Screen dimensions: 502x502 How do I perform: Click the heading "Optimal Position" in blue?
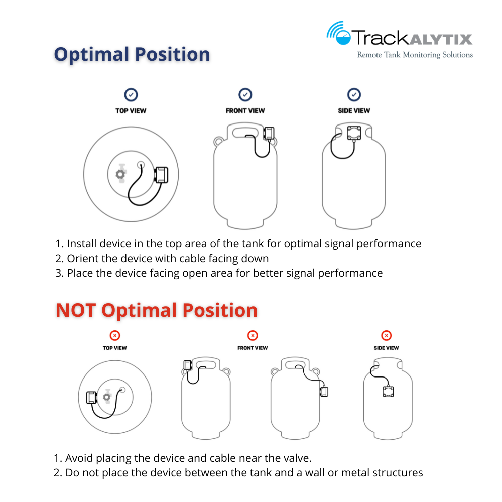click(x=132, y=54)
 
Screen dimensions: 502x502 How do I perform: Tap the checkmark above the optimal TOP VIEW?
click(x=131, y=94)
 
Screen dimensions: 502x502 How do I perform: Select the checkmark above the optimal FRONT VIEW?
click(x=245, y=94)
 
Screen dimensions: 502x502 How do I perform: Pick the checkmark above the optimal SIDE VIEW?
click(x=354, y=94)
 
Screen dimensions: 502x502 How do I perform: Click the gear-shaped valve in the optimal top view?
click(x=120, y=174)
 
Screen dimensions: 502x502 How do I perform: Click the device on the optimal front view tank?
click(x=269, y=133)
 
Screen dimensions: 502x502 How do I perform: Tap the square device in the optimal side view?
click(x=354, y=133)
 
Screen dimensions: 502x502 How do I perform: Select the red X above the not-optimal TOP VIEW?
click(x=115, y=335)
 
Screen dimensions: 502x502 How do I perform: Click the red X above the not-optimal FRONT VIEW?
click(x=253, y=335)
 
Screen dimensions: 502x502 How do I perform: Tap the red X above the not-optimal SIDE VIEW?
click(x=386, y=335)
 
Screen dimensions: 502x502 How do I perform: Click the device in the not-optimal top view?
click(x=93, y=397)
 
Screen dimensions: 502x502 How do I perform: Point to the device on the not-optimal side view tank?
click(x=389, y=391)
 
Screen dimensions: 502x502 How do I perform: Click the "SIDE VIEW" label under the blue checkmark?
click(x=354, y=110)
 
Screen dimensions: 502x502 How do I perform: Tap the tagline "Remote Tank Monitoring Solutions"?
click(x=415, y=54)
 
